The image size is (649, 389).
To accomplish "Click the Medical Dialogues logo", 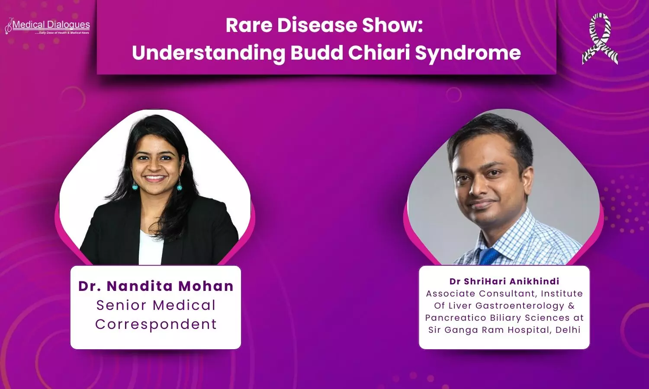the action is point(47,27).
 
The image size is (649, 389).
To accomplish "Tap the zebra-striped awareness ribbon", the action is point(600,38).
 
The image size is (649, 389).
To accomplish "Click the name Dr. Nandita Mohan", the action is point(156,286).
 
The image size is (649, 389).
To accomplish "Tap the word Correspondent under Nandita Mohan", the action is point(156,325).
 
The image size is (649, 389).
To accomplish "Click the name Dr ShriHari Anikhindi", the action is point(504,281).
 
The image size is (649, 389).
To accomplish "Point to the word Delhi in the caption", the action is point(568,330).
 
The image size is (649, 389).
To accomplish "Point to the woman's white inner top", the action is point(151,248).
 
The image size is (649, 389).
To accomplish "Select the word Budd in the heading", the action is point(316,53).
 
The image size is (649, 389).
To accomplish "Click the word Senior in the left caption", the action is point(121,305).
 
